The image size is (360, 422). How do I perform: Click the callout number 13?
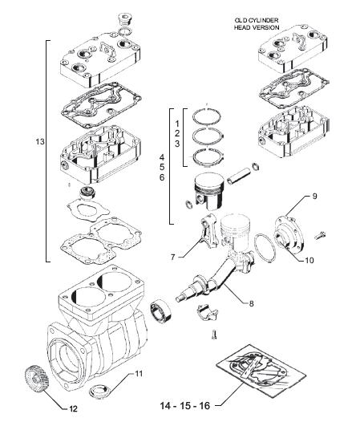coord(40,141)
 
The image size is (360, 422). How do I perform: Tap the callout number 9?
coord(314,197)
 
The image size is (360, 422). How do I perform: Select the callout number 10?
coord(309,261)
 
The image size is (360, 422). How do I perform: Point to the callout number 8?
coord(251,304)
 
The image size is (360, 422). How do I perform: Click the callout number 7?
coord(173,258)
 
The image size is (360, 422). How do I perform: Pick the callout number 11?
coord(139,374)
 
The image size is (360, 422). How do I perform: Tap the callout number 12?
coord(73,409)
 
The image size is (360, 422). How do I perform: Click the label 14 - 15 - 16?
coord(185,405)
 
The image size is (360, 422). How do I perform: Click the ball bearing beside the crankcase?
coord(160,310)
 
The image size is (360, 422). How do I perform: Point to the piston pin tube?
coord(238,176)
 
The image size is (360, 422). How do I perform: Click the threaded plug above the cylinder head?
coord(125,19)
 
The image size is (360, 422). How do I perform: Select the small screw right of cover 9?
coord(321,235)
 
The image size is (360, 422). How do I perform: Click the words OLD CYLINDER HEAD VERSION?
coord(257,24)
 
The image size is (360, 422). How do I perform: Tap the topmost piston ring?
coord(207,116)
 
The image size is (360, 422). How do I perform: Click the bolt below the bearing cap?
coord(214,335)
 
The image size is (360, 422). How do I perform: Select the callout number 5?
coord(162,167)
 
